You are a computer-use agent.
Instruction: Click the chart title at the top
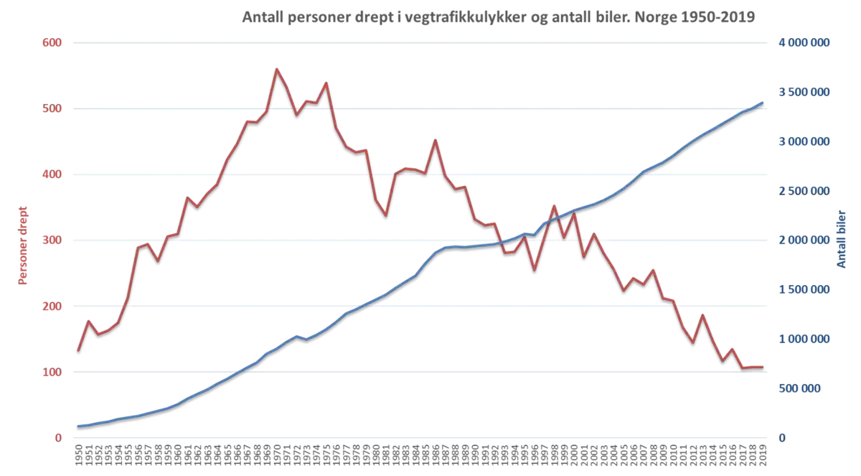point(498,14)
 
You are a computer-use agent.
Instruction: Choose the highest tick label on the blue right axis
point(806,44)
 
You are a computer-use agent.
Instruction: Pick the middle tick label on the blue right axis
point(806,241)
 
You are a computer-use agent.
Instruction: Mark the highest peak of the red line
point(277,67)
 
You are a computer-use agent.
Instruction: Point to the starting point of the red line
point(77,350)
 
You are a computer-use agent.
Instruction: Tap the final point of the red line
point(763,367)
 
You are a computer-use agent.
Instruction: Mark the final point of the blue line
point(763,103)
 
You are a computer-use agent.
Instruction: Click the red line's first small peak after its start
point(88,318)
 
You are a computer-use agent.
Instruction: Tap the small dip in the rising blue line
point(307,339)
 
